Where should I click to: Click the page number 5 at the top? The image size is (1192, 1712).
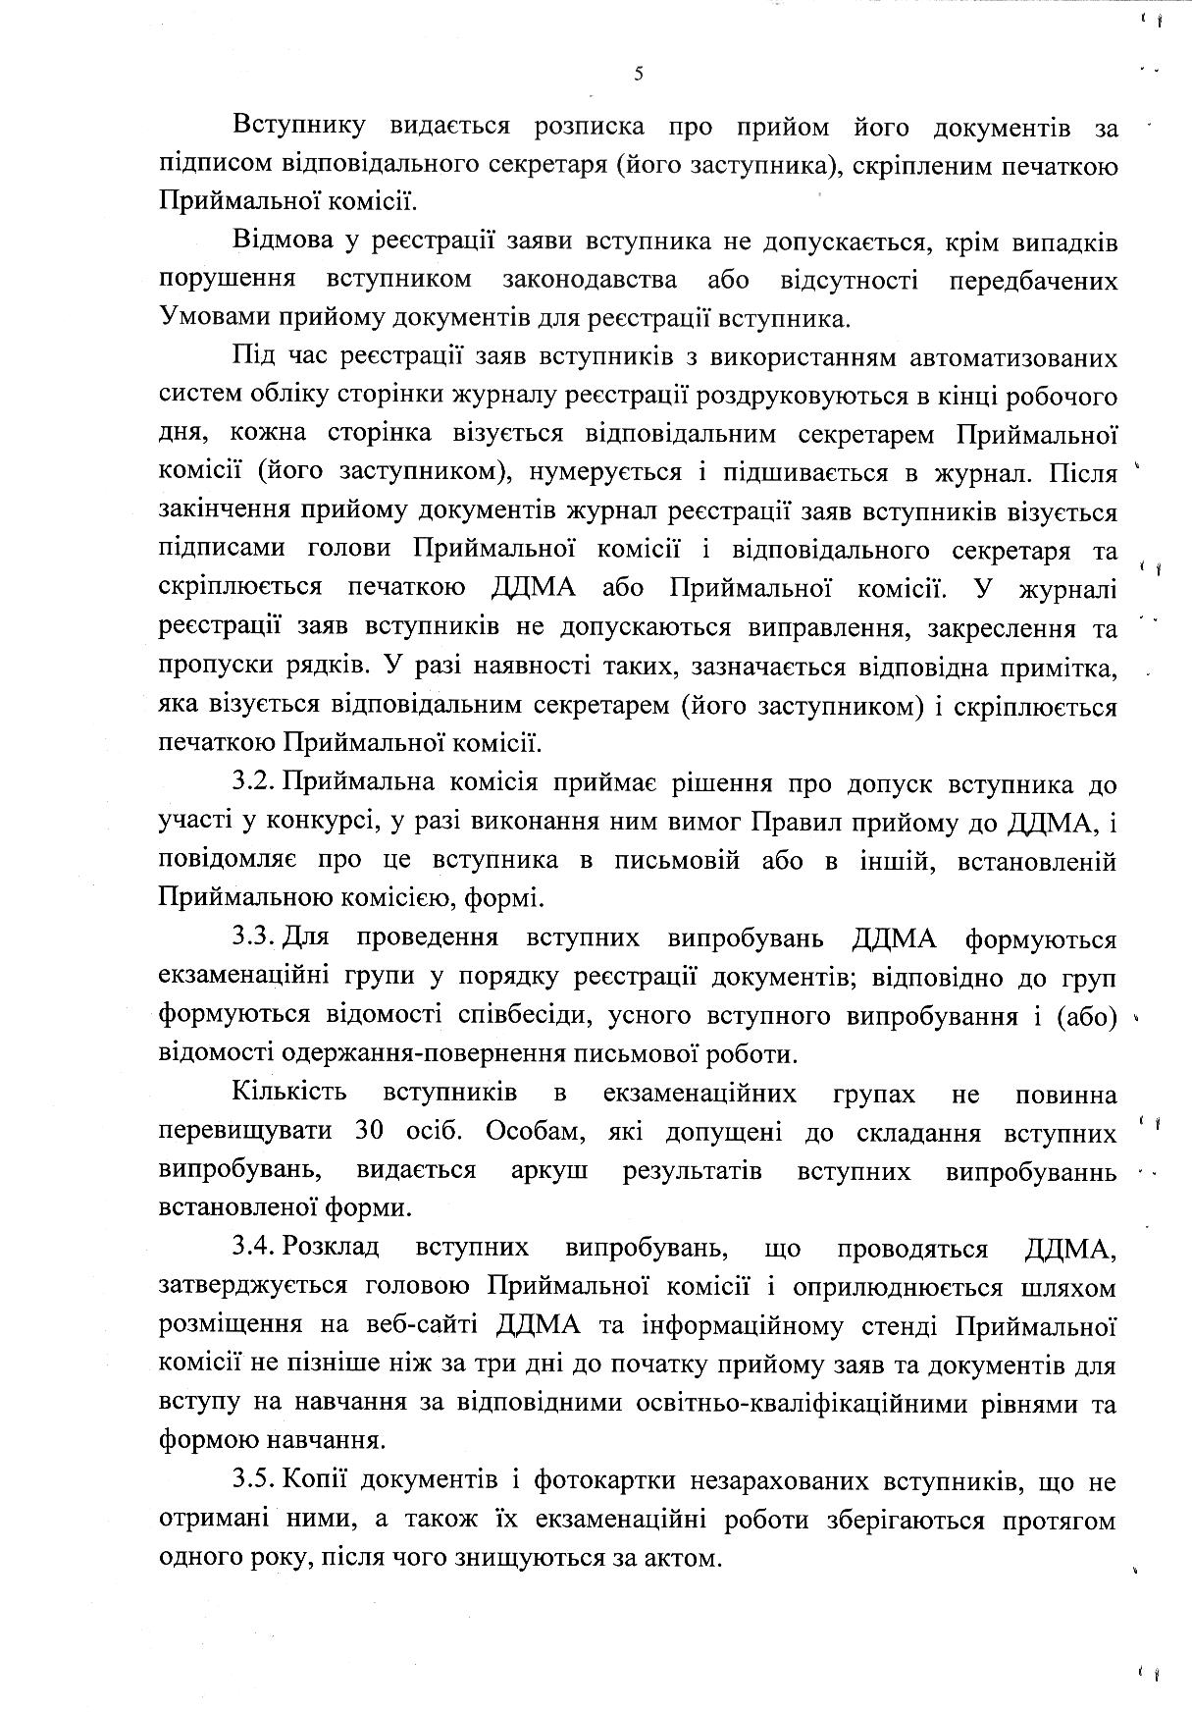click(639, 74)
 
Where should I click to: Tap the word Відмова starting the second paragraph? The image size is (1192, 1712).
click(284, 241)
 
